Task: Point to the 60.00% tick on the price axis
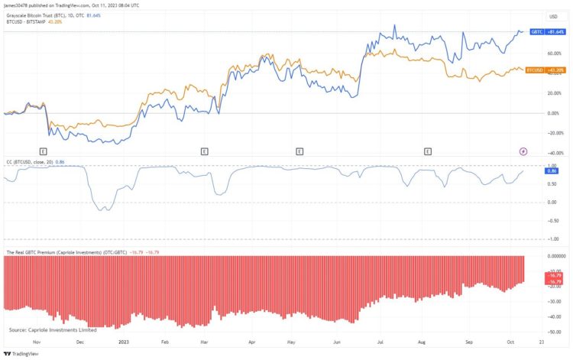[x=554, y=54]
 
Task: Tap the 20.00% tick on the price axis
[x=554, y=93]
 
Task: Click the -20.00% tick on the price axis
[x=553, y=133]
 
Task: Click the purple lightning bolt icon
[x=523, y=151]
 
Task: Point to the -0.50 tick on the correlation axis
[x=552, y=220]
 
